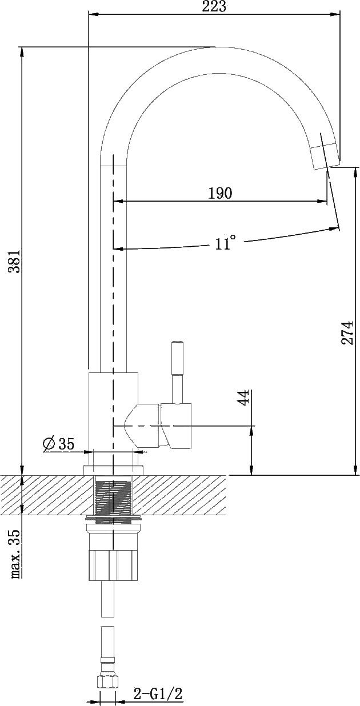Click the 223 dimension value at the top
[214, 6]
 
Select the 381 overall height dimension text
[14, 262]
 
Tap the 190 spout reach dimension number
[220, 193]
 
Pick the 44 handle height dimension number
[243, 397]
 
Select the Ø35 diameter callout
[59, 444]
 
